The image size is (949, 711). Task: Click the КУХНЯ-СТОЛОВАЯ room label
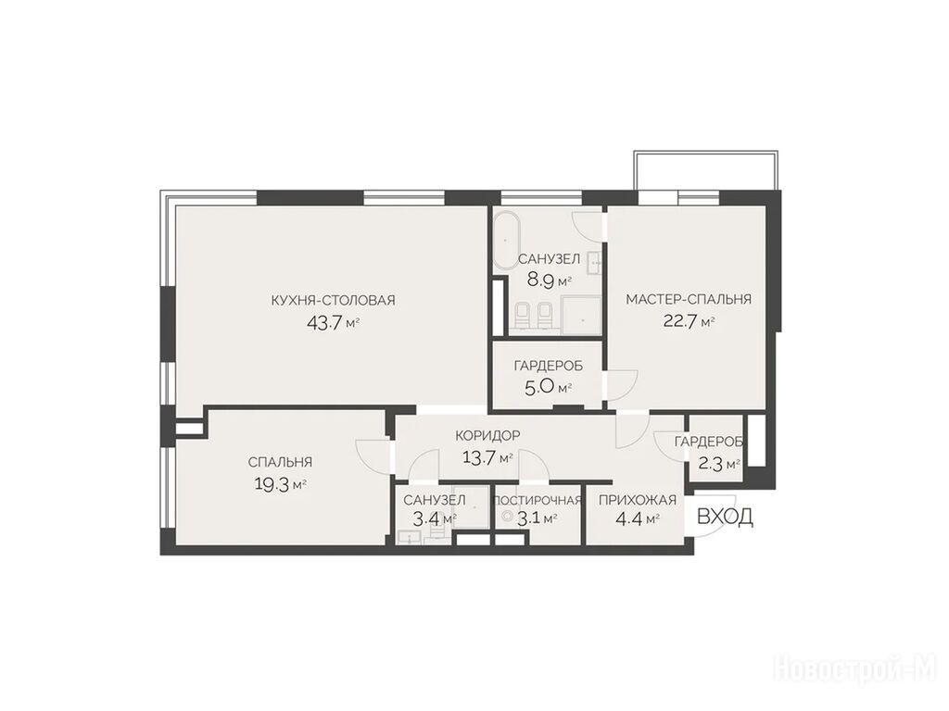coord(333,300)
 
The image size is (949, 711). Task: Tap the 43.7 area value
coord(323,322)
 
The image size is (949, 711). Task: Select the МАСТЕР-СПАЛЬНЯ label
coord(689,299)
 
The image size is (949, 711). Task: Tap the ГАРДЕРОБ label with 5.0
coord(549,366)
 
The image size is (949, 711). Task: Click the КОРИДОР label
coord(487,435)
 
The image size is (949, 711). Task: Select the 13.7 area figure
coord(479,457)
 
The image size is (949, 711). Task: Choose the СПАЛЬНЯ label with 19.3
coord(280,463)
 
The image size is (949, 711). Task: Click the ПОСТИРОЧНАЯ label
coord(538,500)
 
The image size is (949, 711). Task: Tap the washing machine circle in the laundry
coord(507,517)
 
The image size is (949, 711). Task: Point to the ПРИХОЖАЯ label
coord(638,500)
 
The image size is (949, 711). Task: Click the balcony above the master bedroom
coord(705,170)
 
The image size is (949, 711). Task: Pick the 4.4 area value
coord(628,518)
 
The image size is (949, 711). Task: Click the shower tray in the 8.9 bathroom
coord(580,316)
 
